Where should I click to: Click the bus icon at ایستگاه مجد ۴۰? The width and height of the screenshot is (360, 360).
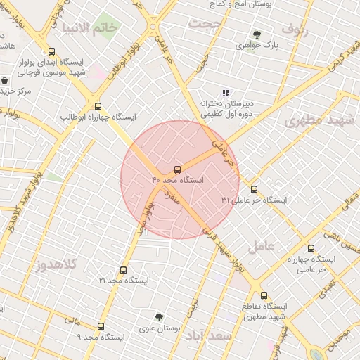(177, 169)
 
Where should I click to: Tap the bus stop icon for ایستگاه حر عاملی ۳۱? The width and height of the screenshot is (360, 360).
(254, 189)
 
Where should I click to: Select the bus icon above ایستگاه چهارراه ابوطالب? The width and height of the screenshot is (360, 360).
(98, 105)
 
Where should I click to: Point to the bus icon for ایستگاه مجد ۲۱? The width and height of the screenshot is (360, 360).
(124, 270)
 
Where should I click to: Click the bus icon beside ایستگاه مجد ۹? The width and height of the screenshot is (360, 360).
(101, 326)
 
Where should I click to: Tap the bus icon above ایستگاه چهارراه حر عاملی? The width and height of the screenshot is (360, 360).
(311, 248)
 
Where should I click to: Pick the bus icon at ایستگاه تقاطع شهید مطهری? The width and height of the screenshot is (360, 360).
(264, 295)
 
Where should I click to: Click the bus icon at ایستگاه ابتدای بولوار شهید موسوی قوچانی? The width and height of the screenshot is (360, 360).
(51, 51)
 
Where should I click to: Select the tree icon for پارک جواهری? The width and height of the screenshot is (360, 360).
(257, 34)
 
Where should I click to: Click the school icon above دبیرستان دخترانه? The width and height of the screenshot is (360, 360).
(225, 92)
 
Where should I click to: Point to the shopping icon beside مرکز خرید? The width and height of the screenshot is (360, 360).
(6, 80)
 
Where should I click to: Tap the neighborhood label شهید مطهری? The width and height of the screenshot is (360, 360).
(321, 120)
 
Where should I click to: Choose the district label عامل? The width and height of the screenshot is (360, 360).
(264, 245)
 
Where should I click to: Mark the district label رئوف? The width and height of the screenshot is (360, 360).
(295, 30)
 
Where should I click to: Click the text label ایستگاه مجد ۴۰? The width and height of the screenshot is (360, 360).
(177, 181)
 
